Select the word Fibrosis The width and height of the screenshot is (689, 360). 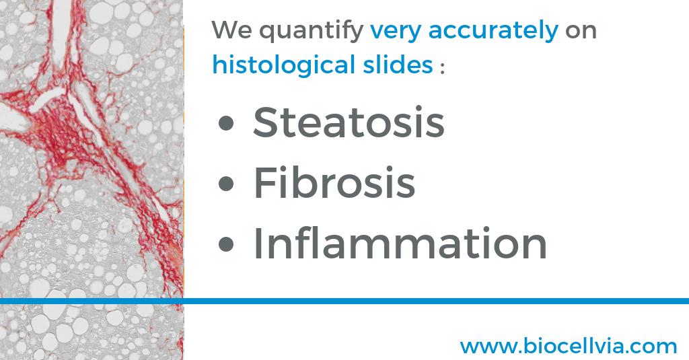click(334, 182)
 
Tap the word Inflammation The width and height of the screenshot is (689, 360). click(400, 243)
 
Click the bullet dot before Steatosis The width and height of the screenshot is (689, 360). click(227, 124)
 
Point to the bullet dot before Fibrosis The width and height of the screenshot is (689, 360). click(227, 184)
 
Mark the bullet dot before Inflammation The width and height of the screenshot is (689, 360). click(227, 245)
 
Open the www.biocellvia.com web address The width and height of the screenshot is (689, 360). click(568, 346)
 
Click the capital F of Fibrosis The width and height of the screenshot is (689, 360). click(264, 182)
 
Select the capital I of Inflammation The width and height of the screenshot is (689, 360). click(258, 243)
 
